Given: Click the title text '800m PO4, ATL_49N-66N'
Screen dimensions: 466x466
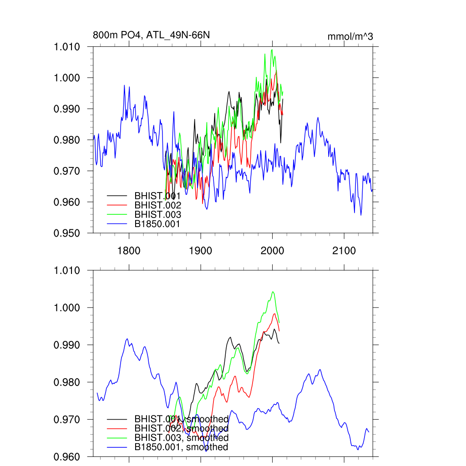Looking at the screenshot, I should (x=151, y=35).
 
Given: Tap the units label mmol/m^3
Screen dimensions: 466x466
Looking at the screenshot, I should (x=350, y=36).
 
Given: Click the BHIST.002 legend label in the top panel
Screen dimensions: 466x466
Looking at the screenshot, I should (x=157, y=205).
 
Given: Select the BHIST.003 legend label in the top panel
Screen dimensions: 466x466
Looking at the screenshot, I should (x=157, y=214).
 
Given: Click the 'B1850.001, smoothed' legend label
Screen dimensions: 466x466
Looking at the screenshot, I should (x=181, y=447).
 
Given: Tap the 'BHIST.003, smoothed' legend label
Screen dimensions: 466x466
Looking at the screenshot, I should (x=181, y=437).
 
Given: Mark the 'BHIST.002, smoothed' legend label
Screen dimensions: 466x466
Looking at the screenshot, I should (x=181, y=428).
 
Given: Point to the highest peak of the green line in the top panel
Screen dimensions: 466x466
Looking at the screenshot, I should (x=272, y=50).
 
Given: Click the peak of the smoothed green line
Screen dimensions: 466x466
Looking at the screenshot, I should (x=273, y=292).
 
